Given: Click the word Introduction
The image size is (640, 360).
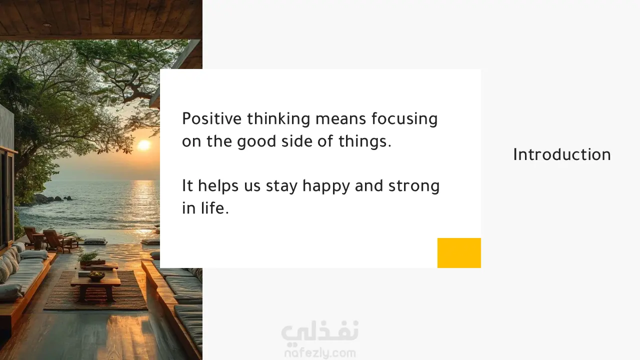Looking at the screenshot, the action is click(561, 154).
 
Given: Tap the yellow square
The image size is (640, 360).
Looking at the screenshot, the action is click(459, 253).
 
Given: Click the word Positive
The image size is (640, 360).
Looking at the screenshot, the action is click(211, 118).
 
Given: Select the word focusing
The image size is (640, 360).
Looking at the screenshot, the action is click(404, 119).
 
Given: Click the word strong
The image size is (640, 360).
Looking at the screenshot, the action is click(413, 186).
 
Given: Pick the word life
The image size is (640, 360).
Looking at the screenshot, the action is click(214, 207).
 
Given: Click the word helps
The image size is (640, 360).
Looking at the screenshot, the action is click(218, 186).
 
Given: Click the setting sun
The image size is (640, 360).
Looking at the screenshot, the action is click(143, 145).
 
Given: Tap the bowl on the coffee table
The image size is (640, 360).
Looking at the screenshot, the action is click(96, 275).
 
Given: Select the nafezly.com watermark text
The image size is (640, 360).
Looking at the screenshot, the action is click(320, 353).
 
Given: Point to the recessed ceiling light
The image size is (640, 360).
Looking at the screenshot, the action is click(47, 25).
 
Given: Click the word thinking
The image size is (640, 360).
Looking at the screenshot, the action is click(278, 119).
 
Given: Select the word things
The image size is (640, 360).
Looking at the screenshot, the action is click(365, 141).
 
